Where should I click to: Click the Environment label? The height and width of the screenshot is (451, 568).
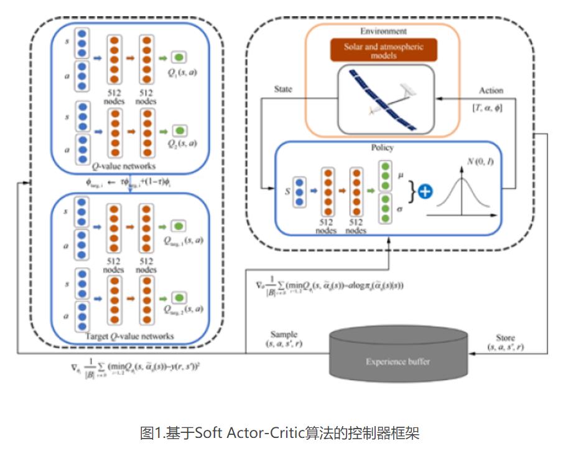point(383,31)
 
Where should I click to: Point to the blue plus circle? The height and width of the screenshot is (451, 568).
point(425,191)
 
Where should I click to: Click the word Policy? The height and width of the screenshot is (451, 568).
point(382,148)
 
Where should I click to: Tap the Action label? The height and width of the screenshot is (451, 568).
point(491,90)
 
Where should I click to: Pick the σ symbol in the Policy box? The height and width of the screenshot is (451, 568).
point(400,211)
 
